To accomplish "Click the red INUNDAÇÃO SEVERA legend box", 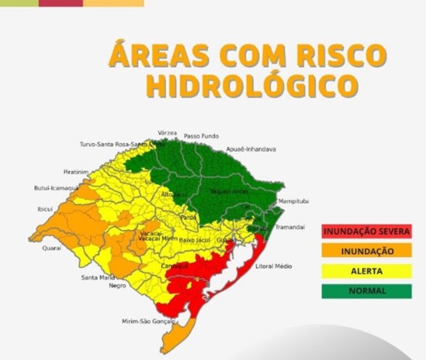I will pyautogui.click(x=367, y=231).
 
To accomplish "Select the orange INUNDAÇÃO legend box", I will pyautogui.click(x=367, y=251).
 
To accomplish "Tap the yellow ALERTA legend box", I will pyautogui.click(x=367, y=271).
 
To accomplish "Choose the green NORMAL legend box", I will pyautogui.click(x=367, y=291).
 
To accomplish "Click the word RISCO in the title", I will pyautogui.click(x=338, y=55).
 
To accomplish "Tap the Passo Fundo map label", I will pyautogui.click(x=201, y=136).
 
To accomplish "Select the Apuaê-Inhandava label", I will pyautogui.click(x=251, y=149).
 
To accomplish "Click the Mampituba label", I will pyautogui.click(x=293, y=201).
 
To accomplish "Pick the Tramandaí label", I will pyautogui.click(x=290, y=227).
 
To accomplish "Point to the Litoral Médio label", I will pyautogui.click(x=273, y=266).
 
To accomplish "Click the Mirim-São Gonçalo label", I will pyautogui.click(x=148, y=321).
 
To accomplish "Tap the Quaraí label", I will pyautogui.click(x=52, y=248).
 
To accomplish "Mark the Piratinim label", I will pyautogui.click(x=76, y=172).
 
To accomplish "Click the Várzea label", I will pyautogui.click(x=168, y=133).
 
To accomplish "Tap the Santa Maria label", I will pyautogui.click(x=98, y=277).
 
